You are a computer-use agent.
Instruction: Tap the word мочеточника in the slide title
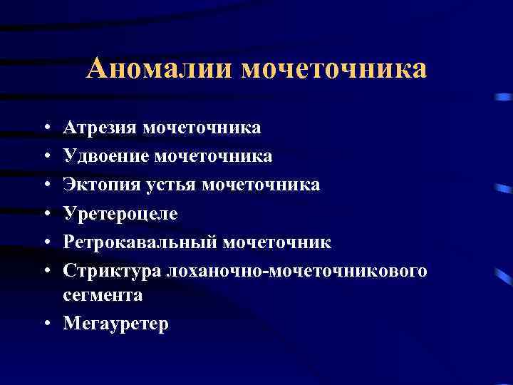(x=334, y=68)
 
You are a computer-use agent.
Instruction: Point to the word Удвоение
(x=105, y=155)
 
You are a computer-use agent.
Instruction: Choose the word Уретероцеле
(x=120, y=214)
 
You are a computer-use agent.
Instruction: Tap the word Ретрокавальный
(x=140, y=242)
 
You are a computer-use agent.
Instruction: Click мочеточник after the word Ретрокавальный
(x=278, y=242)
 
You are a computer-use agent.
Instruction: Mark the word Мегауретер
(x=116, y=324)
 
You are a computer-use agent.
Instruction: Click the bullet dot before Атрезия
(x=46, y=128)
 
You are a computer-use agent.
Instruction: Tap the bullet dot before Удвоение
(x=46, y=155)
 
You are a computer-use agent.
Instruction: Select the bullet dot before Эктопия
(x=46, y=185)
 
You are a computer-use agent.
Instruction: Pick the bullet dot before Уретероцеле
(x=46, y=214)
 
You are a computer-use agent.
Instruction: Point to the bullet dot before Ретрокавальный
(x=46, y=242)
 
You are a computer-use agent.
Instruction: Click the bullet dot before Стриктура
(x=46, y=271)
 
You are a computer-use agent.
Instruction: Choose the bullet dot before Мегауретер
(x=46, y=324)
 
